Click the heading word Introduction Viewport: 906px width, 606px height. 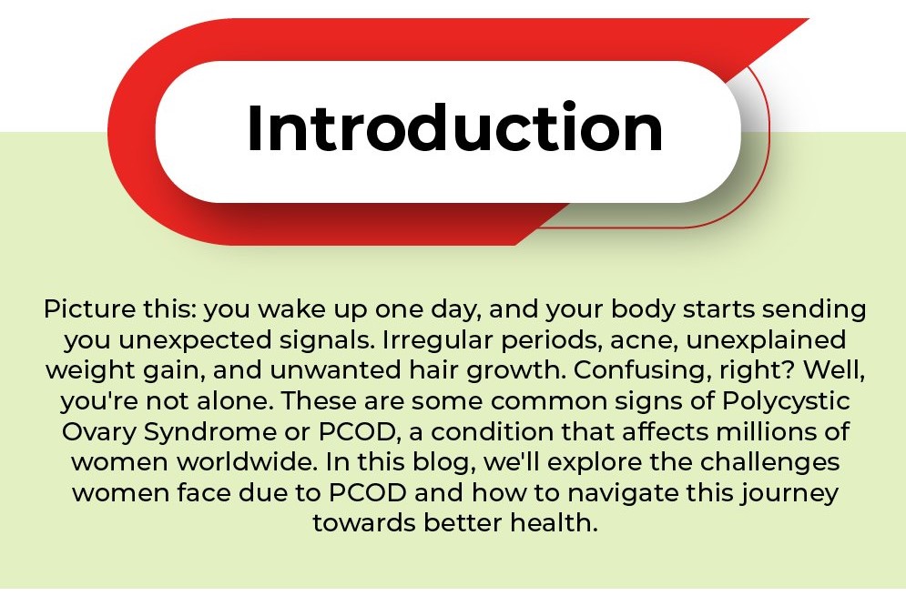pos(455,127)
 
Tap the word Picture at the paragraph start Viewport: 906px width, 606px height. pos(89,309)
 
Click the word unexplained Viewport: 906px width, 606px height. pos(766,340)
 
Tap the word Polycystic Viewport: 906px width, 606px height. pos(786,401)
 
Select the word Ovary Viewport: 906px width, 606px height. pos(98,431)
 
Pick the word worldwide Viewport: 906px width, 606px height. pos(248,462)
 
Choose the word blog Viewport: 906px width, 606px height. pos(444,462)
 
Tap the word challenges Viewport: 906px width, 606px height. pos(770,462)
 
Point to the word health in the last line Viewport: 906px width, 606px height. pos(554,523)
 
